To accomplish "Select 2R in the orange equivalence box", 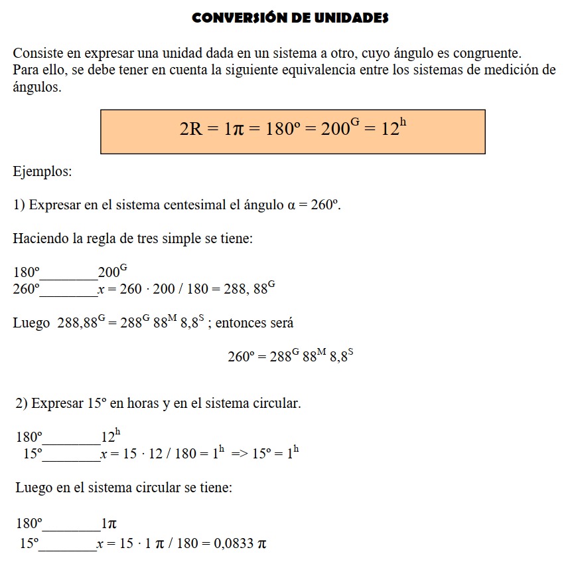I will [190, 129].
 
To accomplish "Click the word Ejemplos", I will [42, 171].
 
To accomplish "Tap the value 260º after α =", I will [326, 205].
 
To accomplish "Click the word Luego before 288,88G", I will [31, 324].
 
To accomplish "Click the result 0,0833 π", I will [240, 543].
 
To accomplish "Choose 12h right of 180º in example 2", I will [110, 437].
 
